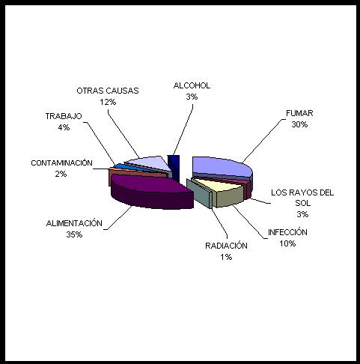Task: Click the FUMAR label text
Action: (x=299, y=113)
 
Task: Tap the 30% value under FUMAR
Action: (x=299, y=124)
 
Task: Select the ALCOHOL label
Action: (x=192, y=85)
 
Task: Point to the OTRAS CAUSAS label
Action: (x=108, y=91)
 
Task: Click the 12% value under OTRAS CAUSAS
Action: (x=108, y=102)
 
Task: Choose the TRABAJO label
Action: (x=64, y=116)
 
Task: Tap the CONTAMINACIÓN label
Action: (x=61, y=163)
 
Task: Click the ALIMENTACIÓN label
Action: (x=74, y=223)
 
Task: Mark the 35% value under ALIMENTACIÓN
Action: (x=74, y=234)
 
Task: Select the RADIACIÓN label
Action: (x=226, y=246)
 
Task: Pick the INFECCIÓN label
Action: (x=287, y=232)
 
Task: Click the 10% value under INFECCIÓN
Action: (x=287, y=243)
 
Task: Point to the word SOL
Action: (x=302, y=203)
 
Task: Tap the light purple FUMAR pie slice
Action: (x=222, y=167)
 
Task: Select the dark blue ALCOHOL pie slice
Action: (x=174, y=167)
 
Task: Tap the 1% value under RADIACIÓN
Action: (x=226, y=257)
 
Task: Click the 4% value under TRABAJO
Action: (x=64, y=127)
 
